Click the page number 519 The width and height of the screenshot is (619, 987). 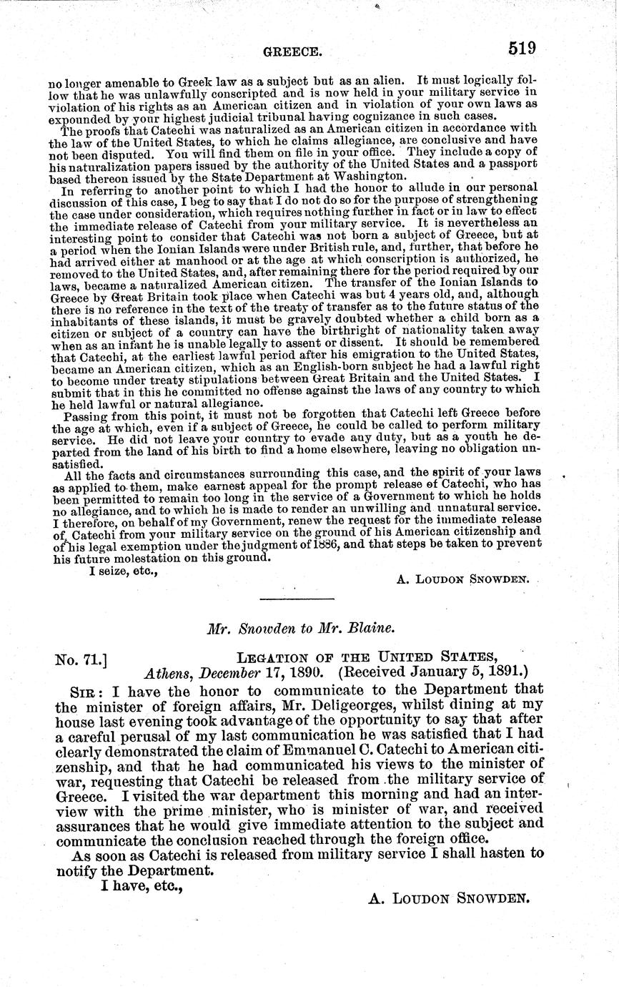click(522, 48)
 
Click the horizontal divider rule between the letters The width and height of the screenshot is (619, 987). click(296, 599)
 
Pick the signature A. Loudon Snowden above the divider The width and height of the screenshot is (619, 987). click(462, 579)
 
